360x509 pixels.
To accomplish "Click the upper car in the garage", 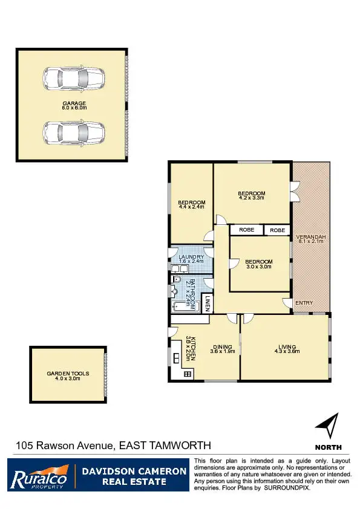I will (x=73, y=79).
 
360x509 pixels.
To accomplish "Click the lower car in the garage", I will (x=73, y=131).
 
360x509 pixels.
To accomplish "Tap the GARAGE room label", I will (x=74, y=103).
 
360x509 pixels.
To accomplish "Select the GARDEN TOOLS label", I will (x=68, y=374).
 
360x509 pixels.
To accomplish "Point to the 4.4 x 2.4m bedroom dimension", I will (x=191, y=207).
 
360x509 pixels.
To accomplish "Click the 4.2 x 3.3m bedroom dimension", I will (x=252, y=198).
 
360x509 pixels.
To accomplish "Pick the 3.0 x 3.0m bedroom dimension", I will (x=258, y=266).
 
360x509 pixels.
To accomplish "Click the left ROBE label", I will (x=246, y=230).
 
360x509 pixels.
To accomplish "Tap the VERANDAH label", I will (x=312, y=236).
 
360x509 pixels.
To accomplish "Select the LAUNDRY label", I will (x=191, y=256).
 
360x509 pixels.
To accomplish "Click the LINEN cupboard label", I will (x=207, y=303).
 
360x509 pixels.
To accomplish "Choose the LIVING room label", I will (x=287, y=346).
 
